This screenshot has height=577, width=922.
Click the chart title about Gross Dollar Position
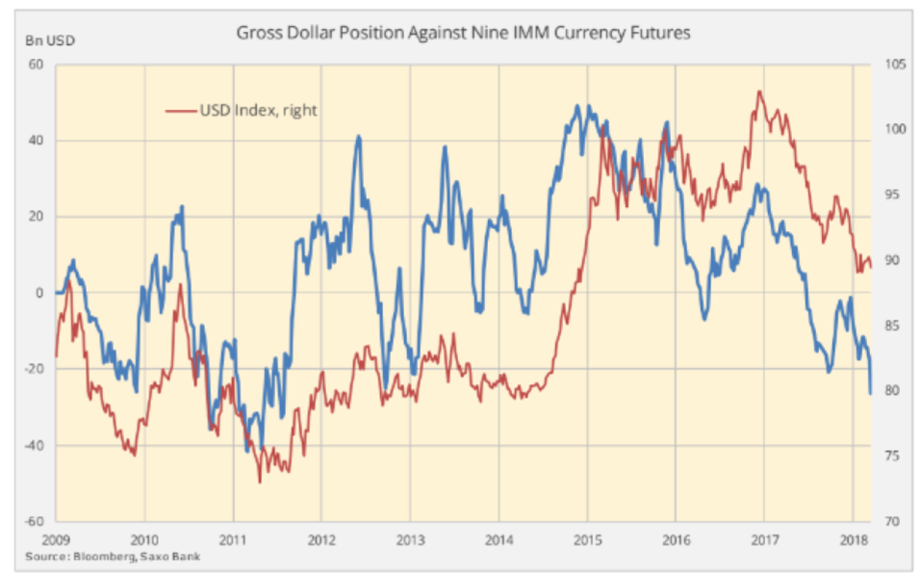coord(464,33)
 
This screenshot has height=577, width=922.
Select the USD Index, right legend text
coord(258,111)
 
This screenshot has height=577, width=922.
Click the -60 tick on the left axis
coord(36,521)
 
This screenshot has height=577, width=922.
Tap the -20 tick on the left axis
coord(36,369)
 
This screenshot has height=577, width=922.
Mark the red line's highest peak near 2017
coord(760,92)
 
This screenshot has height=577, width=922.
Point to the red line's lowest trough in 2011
coord(259,481)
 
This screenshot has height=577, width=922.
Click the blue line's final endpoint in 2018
coord(871,393)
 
